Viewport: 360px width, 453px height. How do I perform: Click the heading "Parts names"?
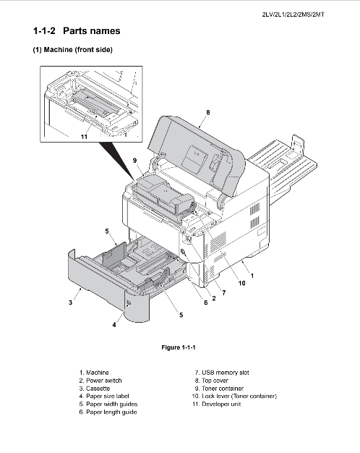point(92,31)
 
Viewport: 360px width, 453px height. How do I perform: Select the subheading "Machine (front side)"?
point(78,50)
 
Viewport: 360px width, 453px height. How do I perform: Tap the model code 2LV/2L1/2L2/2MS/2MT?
point(293,14)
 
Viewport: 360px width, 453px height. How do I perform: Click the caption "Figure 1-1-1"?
point(179,347)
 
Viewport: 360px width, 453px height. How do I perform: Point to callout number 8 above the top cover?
point(208,112)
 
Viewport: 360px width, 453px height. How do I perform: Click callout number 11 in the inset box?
point(84,136)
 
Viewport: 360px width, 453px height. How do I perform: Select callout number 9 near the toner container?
point(135,161)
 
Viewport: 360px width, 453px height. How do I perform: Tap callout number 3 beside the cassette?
point(70,302)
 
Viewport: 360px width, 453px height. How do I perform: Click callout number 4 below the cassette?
point(114,325)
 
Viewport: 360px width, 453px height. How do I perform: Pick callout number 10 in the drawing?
point(241,284)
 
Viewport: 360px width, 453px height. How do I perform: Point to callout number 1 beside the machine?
point(252,276)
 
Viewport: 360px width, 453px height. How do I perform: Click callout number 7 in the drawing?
point(224,292)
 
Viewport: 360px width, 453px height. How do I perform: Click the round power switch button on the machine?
point(183,252)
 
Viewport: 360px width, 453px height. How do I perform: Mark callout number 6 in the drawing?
point(205,302)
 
